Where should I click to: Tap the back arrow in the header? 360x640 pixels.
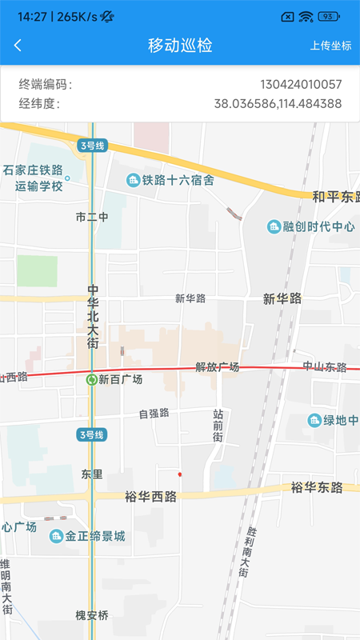[x=18, y=46]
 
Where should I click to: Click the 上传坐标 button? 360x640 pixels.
[x=330, y=46]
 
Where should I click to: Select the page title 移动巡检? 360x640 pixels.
[x=180, y=46]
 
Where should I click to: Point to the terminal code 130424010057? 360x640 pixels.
[x=301, y=84]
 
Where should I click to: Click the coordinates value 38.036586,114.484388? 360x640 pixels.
[x=278, y=103]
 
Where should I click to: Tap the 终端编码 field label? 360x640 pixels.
[x=45, y=84]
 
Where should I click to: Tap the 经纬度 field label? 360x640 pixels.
[x=39, y=103]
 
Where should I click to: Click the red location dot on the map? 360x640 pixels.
[x=179, y=474]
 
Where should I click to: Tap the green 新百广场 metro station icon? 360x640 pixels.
[x=92, y=380]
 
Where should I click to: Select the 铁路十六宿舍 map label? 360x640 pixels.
[x=178, y=181]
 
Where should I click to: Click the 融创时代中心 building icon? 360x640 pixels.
[x=274, y=226]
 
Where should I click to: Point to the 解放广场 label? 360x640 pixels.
[x=217, y=367]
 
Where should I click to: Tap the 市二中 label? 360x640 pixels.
[x=91, y=217]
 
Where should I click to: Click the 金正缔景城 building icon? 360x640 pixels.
[x=57, y=536]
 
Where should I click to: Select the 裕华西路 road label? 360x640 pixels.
[x=150, y=496]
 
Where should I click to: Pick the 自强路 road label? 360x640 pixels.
[x=154, y=414]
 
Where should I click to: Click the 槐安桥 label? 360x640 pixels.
[x=91, y=615]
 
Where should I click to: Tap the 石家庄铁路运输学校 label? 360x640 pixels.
[x=33, y=178]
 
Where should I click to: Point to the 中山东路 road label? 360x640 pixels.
[x=324, y=367]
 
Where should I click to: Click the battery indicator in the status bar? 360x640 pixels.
[x=328, y=16]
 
